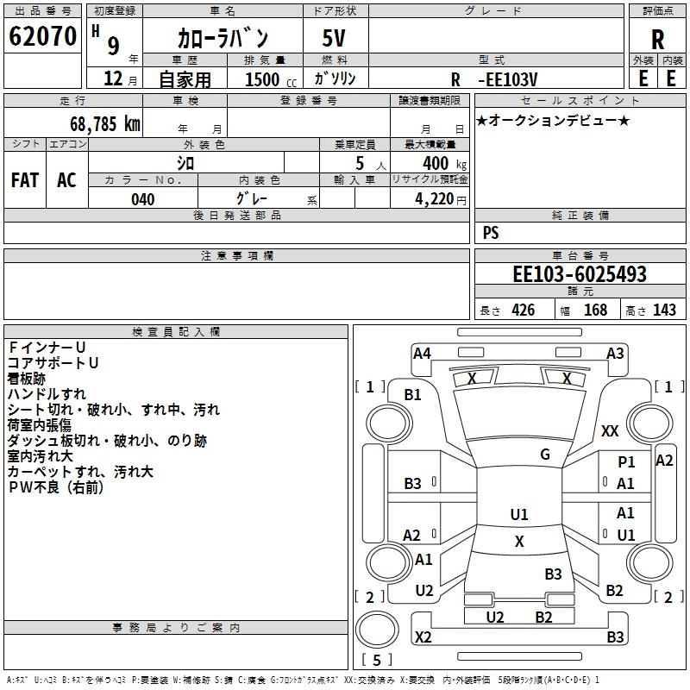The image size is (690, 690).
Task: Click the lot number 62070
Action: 42,36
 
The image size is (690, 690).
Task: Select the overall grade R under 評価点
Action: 657,40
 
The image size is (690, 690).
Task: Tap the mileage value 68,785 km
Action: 105,124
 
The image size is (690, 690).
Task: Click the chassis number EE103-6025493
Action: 580,273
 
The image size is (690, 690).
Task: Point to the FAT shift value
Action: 25,180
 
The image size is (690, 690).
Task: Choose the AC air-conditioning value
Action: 66,180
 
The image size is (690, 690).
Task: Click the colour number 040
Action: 142,199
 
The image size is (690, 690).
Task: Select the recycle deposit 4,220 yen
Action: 441,199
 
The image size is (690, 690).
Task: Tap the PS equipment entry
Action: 491,232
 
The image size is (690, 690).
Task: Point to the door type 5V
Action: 334,38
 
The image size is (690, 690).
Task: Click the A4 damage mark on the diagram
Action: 422,354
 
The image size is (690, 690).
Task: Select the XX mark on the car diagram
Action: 610,430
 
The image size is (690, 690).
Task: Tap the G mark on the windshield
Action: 545,455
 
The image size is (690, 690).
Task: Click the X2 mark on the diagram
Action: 423,637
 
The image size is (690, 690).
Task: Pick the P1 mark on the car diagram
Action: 626,461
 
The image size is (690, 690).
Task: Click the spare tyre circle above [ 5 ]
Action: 377,630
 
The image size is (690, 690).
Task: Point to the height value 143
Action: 664,310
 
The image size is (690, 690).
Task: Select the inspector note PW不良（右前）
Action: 56,487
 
